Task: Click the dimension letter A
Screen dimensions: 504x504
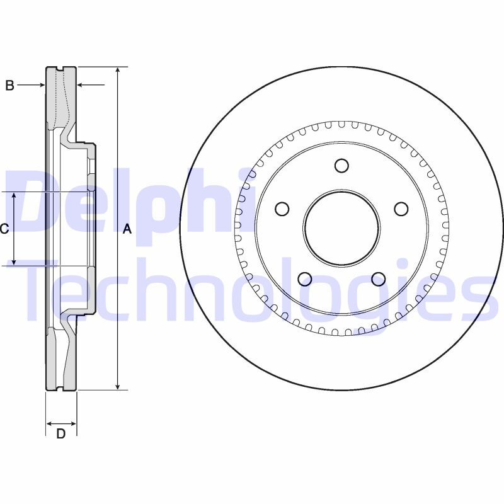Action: (128, 229)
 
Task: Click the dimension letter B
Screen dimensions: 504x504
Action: (10, 85)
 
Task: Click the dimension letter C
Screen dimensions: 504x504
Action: (4, 229)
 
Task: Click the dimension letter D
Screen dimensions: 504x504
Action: (60, 434)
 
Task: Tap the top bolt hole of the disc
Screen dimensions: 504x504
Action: (341, 166)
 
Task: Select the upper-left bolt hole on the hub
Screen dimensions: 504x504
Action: (282, 209)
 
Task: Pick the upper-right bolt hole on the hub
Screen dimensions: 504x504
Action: (401, 209)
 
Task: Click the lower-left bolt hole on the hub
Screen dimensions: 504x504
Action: (305, 279)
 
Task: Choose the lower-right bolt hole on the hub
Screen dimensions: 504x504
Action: (379, 279)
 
